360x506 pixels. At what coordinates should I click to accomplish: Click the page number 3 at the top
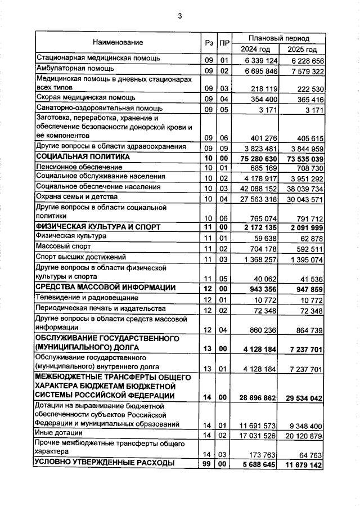[x=180, y=16]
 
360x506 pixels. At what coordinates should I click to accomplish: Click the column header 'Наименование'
[x=118, y=42]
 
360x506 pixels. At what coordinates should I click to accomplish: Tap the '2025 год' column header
[x=302, y=50]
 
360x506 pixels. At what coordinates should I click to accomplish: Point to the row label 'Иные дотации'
[x=59, y=433]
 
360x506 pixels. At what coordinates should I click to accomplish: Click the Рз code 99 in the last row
[x=208, y=464]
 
